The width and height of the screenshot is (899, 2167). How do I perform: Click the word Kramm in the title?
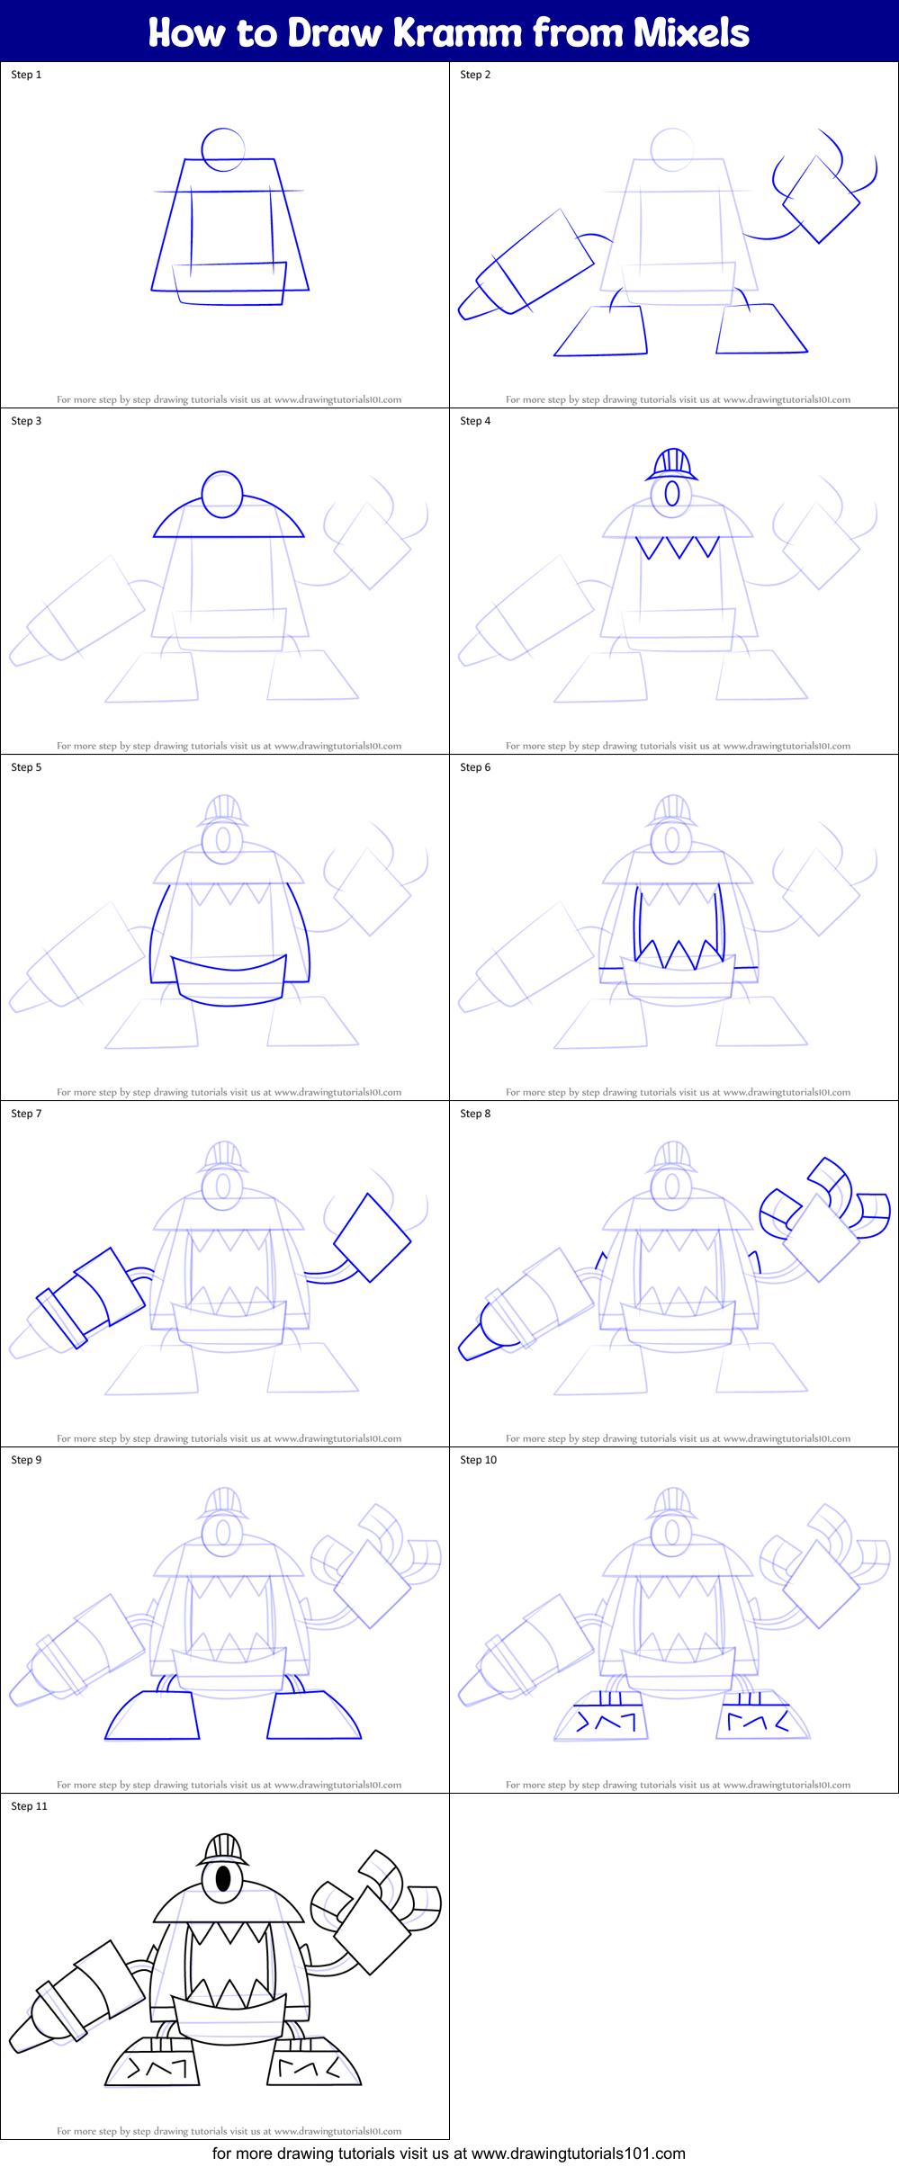click(x=457, y=32)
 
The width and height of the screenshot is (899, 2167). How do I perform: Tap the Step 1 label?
click(x=26, y=75)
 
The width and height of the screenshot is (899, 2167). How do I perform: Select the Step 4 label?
click(x=475, y=421)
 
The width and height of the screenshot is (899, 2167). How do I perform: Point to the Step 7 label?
click(x=26, y=1114)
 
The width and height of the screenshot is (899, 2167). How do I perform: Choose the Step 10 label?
click(x=478, y=1460)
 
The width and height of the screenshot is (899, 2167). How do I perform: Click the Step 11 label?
click(x=29, y=1806)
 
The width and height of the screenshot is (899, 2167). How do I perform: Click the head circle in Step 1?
click(x=223, y=148)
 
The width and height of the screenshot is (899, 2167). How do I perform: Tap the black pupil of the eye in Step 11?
click(x=222, y=1880)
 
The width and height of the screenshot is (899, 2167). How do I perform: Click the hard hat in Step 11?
click(x=222, y=1849)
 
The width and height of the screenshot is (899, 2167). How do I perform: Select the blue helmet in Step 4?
click(x=671, y=464)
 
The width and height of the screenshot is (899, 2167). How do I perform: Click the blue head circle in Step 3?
click(x=222, y=494)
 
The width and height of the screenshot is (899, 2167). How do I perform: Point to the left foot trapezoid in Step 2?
click(x=601, y=332)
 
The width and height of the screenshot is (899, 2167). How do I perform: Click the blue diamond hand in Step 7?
click(x=372, y=1237)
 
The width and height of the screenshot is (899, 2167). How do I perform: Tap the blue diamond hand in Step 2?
click(x=821, y=200)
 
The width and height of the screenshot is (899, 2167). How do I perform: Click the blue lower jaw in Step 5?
click(x=230, y=982)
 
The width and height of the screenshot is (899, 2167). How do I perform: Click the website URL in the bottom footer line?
click(x=578, y=2154)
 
